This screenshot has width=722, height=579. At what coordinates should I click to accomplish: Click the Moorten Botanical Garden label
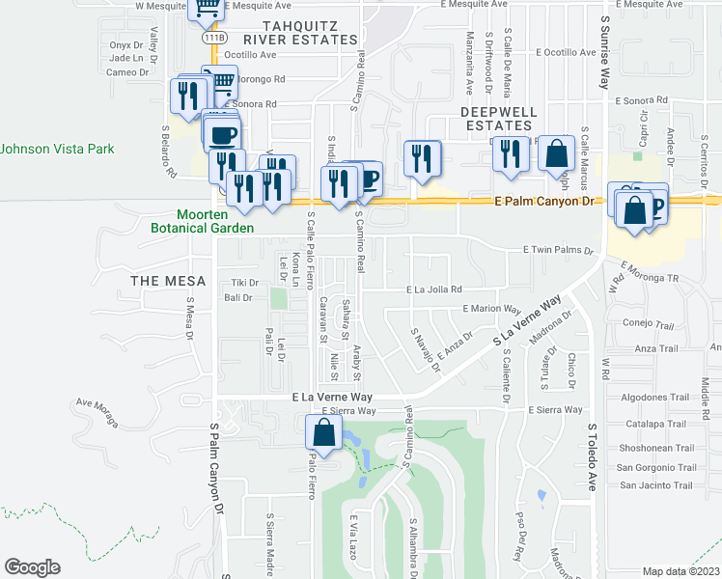tap(215, 221)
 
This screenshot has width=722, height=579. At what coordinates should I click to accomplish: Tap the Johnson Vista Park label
tap(57, 149)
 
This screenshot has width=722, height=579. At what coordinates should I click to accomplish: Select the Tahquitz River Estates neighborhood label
tap(300, 32)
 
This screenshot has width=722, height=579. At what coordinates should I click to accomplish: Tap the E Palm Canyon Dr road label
tap(547, 202)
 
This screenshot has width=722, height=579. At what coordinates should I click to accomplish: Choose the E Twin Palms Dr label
tap(558, 249)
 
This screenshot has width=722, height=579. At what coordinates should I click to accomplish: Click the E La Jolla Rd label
tap(434, 289)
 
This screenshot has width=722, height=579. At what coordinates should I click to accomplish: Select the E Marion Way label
tap(492, 309)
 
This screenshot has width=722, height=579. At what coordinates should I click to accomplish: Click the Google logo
tap(32, 566)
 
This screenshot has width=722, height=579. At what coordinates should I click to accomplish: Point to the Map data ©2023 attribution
tap(680, 572)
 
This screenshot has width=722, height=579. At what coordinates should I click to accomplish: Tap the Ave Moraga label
tap(100, 408)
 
